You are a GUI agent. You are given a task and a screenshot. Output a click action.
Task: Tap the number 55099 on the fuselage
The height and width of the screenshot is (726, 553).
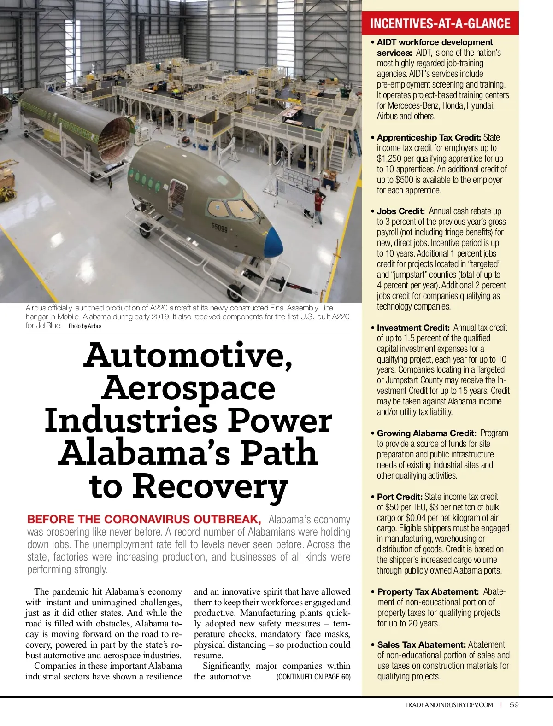219,227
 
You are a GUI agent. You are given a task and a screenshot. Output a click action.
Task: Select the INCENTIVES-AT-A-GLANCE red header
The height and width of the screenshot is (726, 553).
440,23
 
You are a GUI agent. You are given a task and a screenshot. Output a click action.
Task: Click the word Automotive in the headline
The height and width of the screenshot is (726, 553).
188,355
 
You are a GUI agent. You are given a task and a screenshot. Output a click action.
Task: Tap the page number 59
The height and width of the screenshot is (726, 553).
514,705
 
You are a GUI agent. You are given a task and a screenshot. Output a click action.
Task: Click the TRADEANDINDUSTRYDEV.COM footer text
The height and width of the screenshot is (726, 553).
449,705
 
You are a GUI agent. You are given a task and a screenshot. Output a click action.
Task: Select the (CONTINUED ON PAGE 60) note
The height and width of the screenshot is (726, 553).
313,677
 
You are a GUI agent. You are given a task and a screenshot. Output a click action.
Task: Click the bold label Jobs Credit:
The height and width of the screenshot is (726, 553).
400,211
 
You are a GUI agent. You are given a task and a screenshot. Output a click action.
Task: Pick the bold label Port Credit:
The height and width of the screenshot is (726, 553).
400,497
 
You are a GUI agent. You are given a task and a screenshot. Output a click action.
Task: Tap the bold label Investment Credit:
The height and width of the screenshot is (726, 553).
413,328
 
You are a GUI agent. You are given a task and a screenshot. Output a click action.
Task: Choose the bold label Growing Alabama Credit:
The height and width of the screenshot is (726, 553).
426,433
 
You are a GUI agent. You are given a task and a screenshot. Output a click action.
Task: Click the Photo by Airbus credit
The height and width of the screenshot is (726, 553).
85,326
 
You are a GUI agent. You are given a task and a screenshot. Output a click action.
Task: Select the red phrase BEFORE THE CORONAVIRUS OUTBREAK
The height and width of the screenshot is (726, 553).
144,520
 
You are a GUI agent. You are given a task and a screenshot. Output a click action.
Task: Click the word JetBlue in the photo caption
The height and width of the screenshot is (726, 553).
49,325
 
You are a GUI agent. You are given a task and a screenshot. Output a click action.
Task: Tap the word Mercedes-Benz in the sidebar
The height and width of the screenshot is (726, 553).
413,106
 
